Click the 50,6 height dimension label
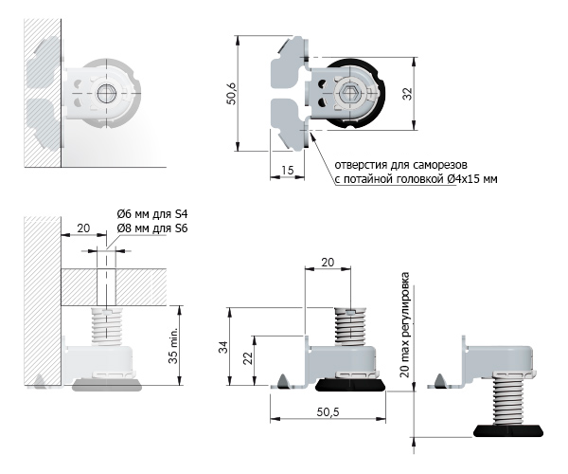tap(232, 94)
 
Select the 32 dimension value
tap(408, 94)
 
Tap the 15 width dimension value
tap(287, 170)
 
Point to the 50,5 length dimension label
tap(328, 412)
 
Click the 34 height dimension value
tap(223, 347)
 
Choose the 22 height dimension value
tap(247, 358)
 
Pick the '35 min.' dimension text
tap(173, 345)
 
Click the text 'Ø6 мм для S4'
tap(152, 214)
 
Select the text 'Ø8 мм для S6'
tap(152, 228)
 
